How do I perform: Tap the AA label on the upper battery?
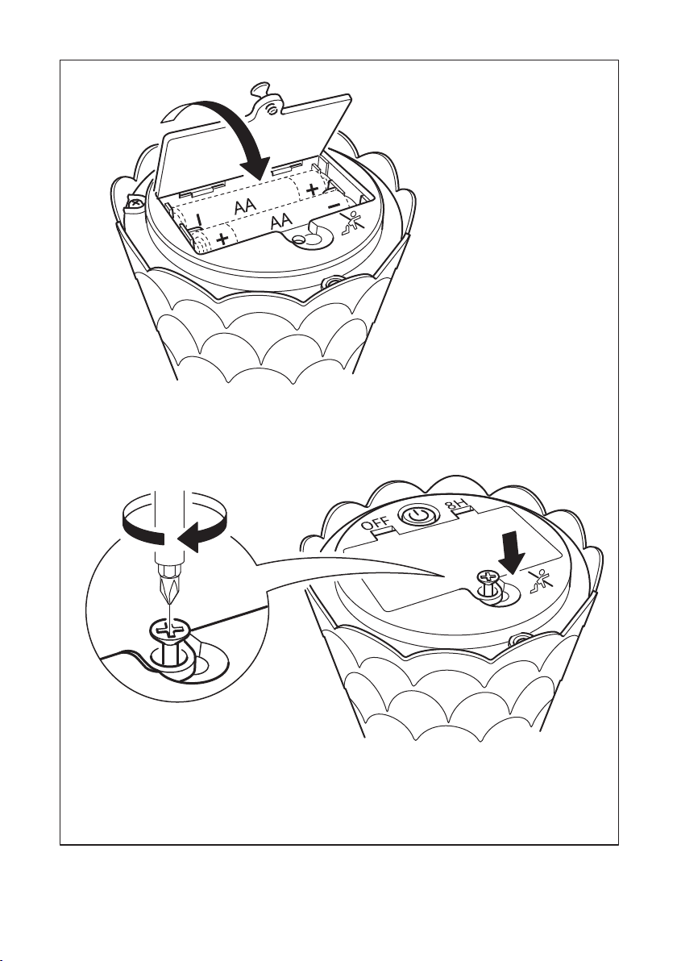[245, 207]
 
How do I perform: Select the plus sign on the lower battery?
[223, 238]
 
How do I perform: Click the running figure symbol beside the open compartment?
[351, 223]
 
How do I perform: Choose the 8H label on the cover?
[456, 507]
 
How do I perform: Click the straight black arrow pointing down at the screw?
[512, 551]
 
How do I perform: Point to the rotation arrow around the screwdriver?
[174, 528]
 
